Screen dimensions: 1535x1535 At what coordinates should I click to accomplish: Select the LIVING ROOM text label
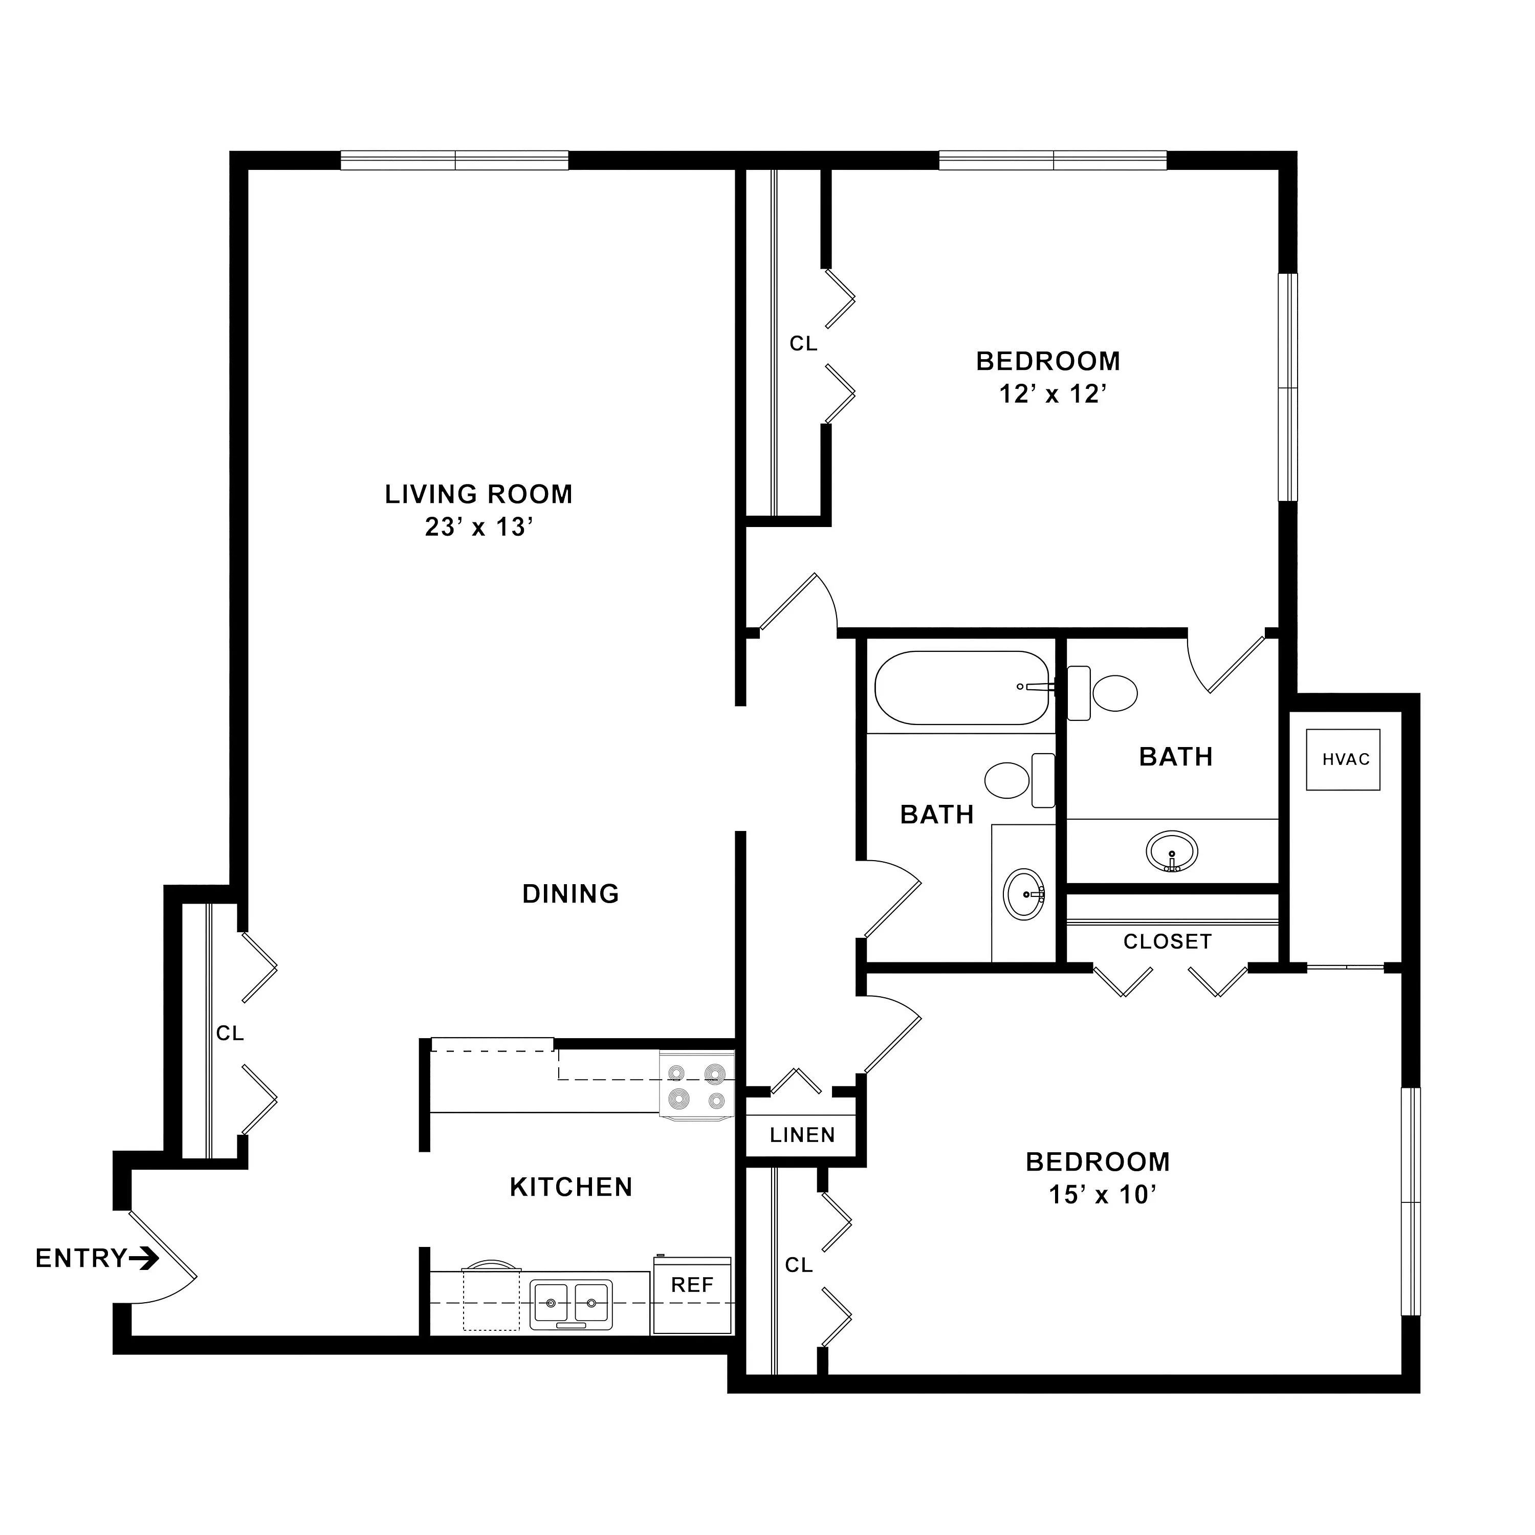tap(478, 494)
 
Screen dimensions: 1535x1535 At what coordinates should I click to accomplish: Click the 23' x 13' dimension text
tap(477, 527)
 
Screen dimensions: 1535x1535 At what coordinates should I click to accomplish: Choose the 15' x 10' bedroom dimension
tap(1101, 1194)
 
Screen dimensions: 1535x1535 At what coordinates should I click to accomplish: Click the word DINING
tap(571, 894)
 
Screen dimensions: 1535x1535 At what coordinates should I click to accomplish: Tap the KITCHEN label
tap(571, 1187)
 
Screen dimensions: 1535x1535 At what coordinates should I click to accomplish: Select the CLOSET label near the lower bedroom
tap(1167, 941)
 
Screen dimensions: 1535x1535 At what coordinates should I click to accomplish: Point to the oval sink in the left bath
tap(1025, 894)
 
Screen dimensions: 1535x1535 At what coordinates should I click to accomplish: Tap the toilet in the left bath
tap(1020, 780)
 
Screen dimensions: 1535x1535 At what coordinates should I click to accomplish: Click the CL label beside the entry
tap(230, 1033)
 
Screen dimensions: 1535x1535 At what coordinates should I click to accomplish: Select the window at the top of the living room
tap(454, 161)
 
